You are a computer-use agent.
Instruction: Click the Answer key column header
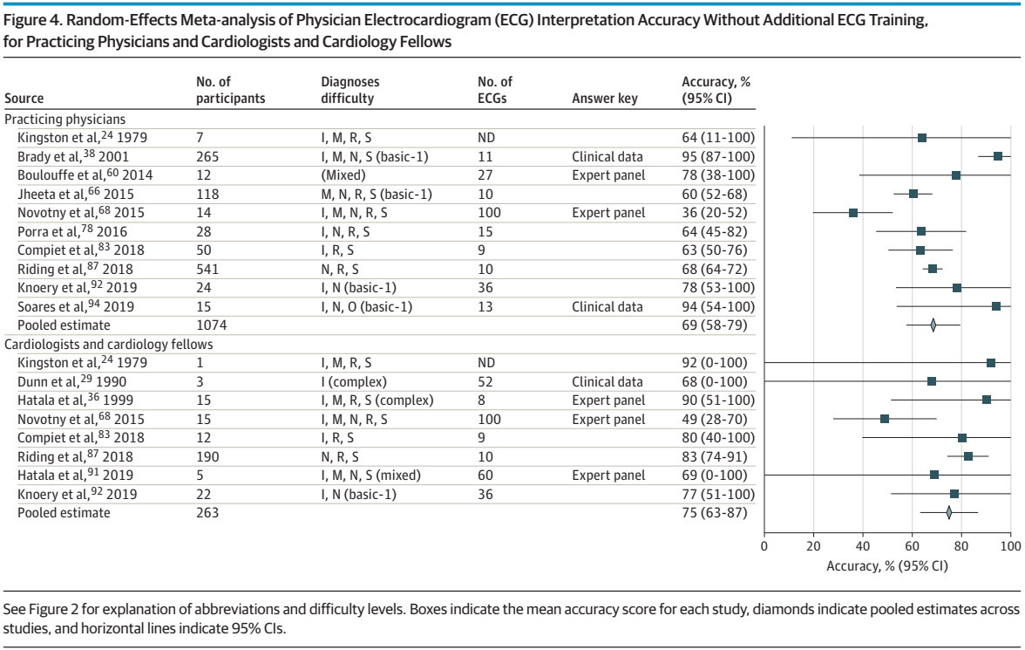[x=605, y=99]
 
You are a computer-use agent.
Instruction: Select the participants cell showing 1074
[x=212, y=325]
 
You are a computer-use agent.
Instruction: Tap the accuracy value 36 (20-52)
[x=714, y=213]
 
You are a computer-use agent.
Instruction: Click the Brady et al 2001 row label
[x=73, y=156]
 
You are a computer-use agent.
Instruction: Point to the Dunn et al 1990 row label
[x=71, y=381]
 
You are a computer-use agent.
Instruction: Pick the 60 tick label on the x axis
[x=912, y=546]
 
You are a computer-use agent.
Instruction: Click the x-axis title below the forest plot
[x=887, y=566]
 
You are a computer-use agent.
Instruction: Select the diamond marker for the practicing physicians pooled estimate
[x=933, y=325]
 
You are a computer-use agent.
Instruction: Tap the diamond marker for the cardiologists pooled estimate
[x=948, y=512]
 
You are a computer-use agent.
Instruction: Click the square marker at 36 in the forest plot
[x=853, y=213]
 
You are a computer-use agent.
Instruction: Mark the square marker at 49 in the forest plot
[x=885, y=419]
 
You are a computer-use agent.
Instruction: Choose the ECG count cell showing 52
[x=485, y=381]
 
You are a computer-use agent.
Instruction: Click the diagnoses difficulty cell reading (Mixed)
[x=343, y=175]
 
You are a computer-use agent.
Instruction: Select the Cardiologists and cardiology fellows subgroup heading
[x=108, y=345]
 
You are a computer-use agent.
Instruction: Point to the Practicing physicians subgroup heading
[x=64, y=120]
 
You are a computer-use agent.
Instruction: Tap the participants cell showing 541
[x=207, y=269]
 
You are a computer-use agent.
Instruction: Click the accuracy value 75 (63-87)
[x=715, y=512]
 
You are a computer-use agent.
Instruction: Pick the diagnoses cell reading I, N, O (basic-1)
[x=367, y=307]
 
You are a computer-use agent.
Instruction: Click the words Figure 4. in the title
[x=32, y=20]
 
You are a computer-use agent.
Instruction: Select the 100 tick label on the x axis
[x=1011, y=546]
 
